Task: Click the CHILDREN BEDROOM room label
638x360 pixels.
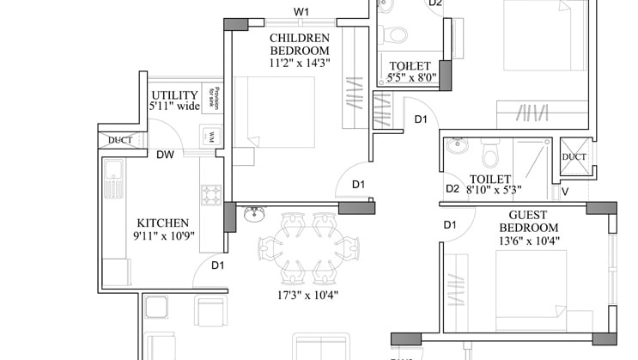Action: [300, 45]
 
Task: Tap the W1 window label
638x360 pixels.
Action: [301, 12]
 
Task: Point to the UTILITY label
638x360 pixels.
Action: [175, 95]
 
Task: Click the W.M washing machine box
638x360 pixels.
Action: [210, 136]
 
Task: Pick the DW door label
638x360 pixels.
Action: [166, 155]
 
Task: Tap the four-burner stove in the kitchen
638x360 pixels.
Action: [210, 195]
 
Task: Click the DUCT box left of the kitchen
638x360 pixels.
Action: [119, 140]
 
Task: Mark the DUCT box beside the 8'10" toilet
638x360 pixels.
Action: [574, 156]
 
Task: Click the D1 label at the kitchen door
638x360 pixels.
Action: [217, 265]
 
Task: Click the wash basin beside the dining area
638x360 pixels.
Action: [253, 212]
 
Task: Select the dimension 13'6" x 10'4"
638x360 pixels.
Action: [527, 242]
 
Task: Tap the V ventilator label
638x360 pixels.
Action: [564, 191]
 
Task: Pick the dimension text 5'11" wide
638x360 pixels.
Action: [175, 107]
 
